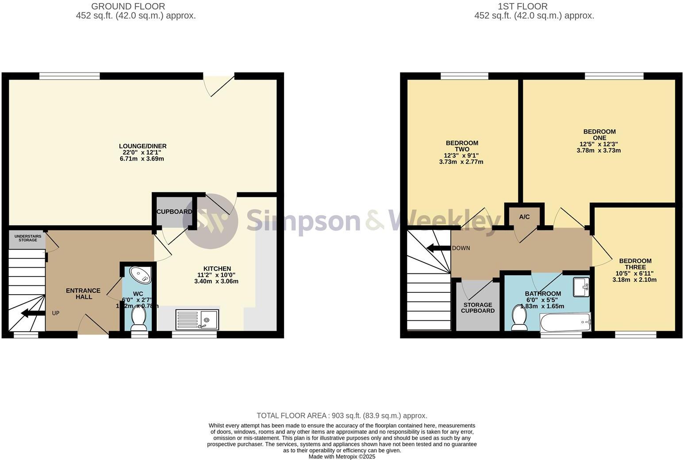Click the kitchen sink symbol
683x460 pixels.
[197, 320]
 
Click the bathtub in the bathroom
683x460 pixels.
[565, 322]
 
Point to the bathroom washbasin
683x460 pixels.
[581, 287]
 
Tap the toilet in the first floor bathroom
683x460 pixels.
[518, 318]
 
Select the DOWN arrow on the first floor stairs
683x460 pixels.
[438, 248]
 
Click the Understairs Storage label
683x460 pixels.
[28, 238]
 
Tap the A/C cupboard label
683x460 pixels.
[524, 217]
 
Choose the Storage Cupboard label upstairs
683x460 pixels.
[478, 308]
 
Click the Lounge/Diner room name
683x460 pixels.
[142, 146]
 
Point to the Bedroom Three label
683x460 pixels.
[635, 264]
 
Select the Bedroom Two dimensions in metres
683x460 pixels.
[461, 162]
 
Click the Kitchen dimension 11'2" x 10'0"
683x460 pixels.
[216, 275]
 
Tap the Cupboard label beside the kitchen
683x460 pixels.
[174, 212]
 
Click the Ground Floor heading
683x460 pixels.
[128, 6]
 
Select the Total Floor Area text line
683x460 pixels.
[341, 415]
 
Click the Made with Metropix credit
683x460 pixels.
[341, 456]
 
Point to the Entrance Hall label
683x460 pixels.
[83, 294]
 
